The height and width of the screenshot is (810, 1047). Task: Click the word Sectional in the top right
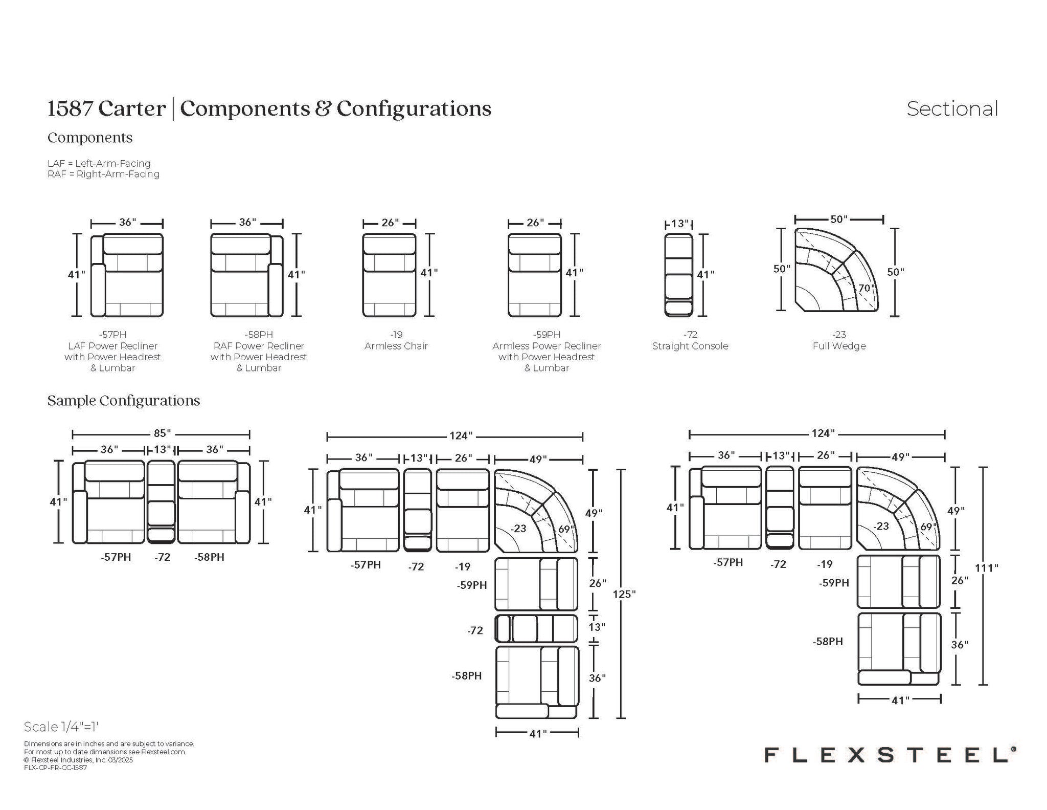(x=952, y=109)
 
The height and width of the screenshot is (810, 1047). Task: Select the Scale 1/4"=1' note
(x=61, y=727)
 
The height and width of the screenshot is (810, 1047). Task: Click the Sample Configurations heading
(x=123, y=400)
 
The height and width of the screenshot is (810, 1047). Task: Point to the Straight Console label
(x=690, y=346)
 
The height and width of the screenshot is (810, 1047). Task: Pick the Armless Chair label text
(x=396, y=346)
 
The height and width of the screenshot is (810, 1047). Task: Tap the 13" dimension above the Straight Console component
(x=679, y=224)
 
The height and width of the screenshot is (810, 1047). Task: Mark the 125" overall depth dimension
(x=624, y=594)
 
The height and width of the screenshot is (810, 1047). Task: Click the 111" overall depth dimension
(x=986, y=567)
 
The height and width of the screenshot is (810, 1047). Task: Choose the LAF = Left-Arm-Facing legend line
(x=99, y=163)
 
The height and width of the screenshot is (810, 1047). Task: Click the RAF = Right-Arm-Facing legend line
(x=103, y=174)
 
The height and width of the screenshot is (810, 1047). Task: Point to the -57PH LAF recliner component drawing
(x=127, y=275)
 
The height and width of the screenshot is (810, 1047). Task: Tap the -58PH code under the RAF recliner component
(x=259, y=335)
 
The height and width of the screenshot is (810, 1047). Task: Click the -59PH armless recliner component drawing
(x=534, y=275)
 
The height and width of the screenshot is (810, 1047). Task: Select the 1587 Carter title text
(x=106, y=108)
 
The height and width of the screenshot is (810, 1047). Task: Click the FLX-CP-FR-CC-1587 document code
(x=55, y=768)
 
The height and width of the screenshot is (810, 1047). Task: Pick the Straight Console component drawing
(x=678, y=275)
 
